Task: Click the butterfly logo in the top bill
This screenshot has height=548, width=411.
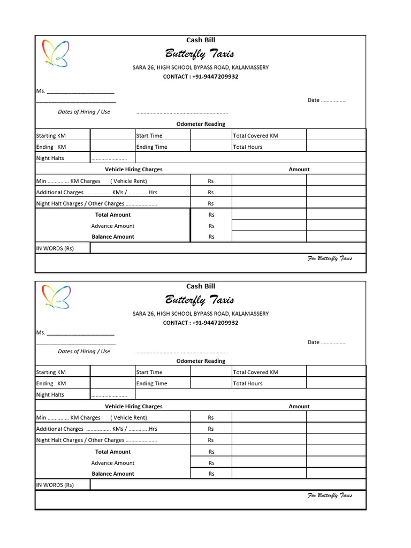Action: [56, 53]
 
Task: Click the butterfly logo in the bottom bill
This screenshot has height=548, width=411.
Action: [56, 297]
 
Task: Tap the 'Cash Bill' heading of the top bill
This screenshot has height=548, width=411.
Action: [201, 40]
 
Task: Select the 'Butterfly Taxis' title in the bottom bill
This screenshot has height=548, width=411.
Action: [200, 300]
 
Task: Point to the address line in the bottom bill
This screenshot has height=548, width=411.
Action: [201, 314]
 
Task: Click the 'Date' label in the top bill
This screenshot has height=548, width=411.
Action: [314, 100]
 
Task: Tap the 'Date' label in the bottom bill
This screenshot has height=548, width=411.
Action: [314, 342]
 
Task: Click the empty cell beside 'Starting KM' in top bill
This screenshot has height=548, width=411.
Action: [112, 135]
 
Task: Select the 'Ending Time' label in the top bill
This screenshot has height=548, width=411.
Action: [152, 147]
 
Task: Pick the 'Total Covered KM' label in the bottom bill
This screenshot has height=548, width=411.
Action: [256, 372]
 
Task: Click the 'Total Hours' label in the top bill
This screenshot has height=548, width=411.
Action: [248, 147]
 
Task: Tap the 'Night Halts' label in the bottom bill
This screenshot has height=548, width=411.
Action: [50, 394]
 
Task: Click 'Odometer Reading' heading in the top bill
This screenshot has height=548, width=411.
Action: [201, 124]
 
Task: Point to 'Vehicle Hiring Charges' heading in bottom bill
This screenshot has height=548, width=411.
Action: [133, 406]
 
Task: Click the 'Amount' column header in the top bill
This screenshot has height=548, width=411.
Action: [299, 169]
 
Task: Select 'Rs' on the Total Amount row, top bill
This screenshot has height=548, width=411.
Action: [211, 215]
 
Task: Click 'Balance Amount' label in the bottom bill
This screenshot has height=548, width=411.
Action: [113, 474]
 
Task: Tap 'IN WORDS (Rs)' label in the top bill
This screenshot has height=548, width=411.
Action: [55, 248]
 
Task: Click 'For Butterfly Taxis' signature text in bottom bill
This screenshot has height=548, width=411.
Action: [330, 496]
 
